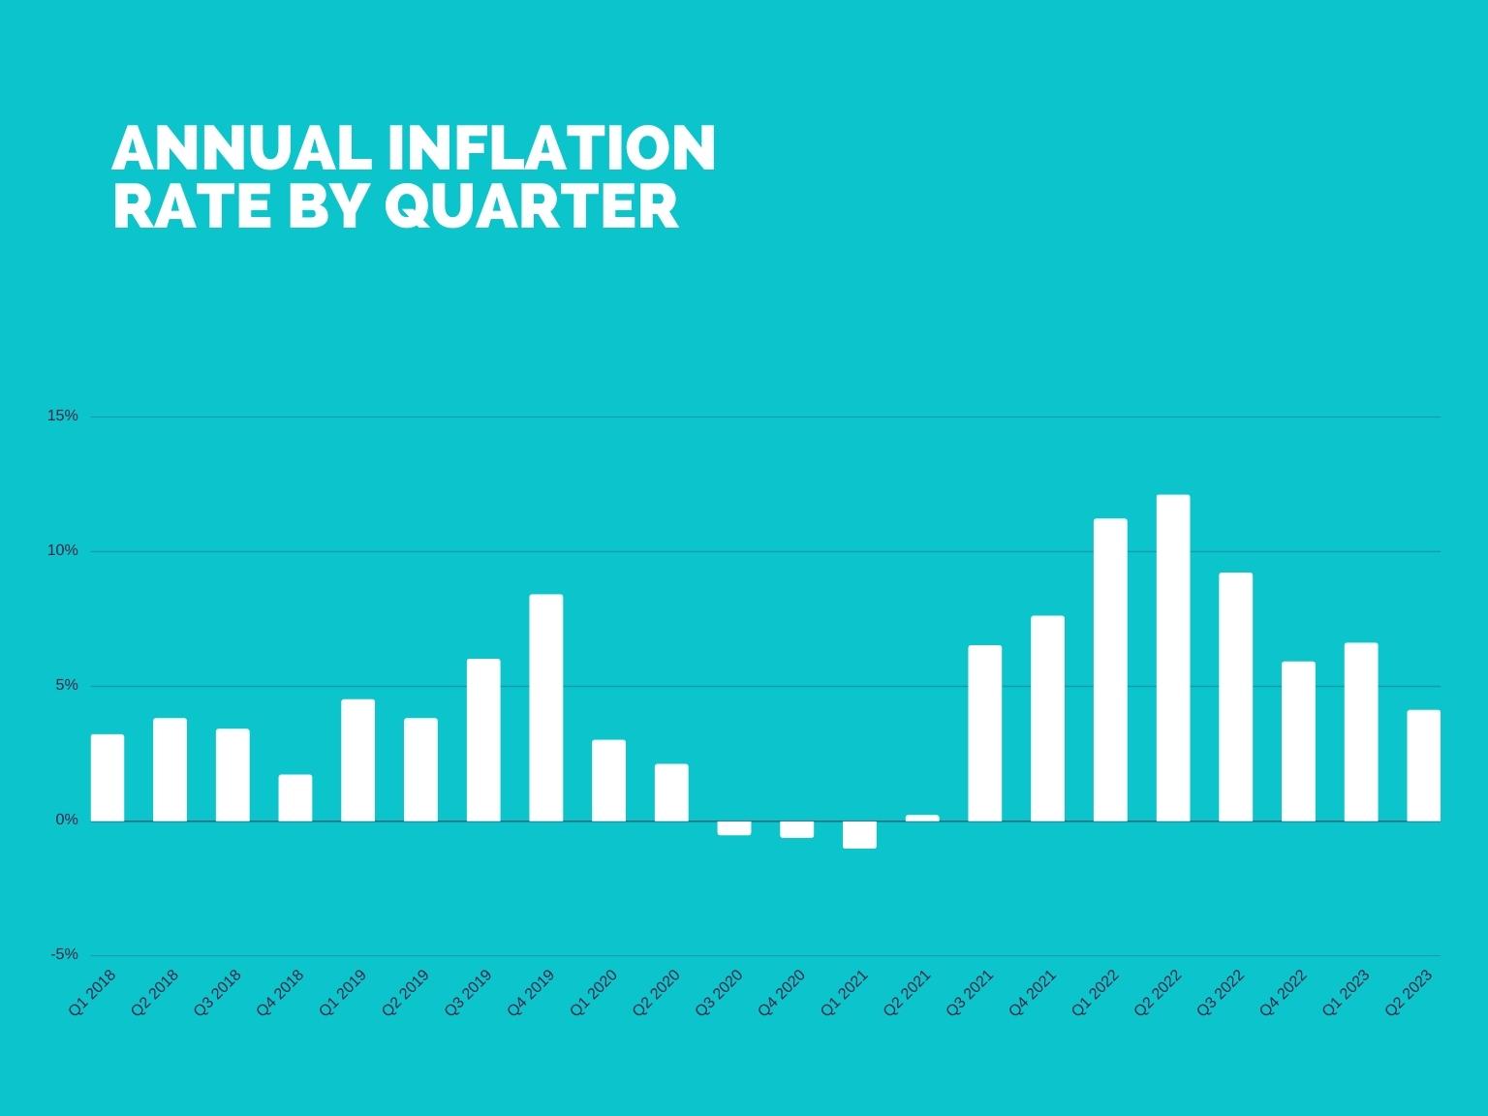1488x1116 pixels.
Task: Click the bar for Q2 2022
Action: click(x=1172, y=658)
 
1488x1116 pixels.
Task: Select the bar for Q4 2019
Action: click(x=546, y=707)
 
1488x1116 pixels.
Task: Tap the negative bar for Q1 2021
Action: click(x=859, y=834)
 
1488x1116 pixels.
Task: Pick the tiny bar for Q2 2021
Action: click(x=922, y=818)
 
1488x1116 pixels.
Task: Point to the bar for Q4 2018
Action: click(x=295, y=797)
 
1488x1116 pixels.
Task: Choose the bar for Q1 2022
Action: click(x=1110, y=669)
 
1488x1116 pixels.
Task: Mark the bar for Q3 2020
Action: click(x=734, y=827)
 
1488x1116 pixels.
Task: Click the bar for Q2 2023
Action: click(x=1423, y=765)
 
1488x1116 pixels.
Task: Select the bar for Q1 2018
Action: click(x=108, y=777)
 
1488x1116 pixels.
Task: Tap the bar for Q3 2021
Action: click(x=984, y=732)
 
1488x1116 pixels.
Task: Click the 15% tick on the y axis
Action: click(x=63, y=416)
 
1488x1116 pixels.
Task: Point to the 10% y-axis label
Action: click(x=63, y=550)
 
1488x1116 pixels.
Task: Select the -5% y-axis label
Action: click(x=65, y=954)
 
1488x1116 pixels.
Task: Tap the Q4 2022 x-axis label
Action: click(x=1283, y=993)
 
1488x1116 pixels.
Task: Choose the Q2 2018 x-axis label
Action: click(x=155, y=993)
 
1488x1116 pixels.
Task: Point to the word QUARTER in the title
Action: click(x=532, y=205)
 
